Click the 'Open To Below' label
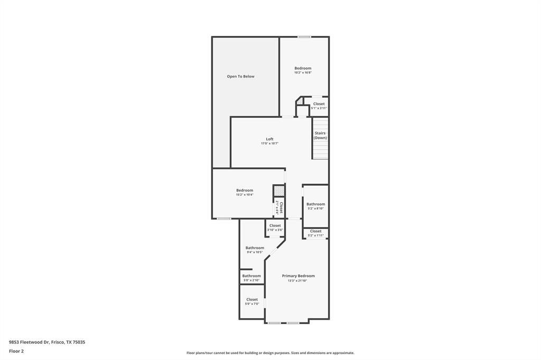(240, 77)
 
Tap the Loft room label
(269, 139)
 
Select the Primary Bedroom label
(298, 276)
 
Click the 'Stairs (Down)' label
(320, 136)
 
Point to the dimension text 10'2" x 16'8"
(303, 72)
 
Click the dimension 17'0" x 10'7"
(269, 144)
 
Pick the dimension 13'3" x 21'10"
(297, 281)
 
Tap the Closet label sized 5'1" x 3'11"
(319, 104)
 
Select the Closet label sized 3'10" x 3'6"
(275, 225)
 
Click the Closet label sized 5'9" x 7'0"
(252, 299)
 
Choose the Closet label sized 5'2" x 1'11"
(315, 231)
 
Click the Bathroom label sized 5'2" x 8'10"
(315, 204)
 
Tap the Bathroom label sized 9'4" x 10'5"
(255, 248)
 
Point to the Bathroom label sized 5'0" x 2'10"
(251, 276)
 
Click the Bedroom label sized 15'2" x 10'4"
(245, 191)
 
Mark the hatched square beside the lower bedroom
(279, 191)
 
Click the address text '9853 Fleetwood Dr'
(30, 342)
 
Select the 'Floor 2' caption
(16, 351)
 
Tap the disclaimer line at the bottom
(270, 353)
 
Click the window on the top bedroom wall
(304, 36)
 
